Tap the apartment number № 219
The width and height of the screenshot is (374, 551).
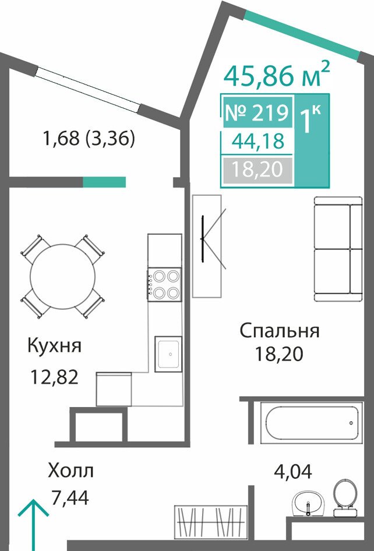click(x=256, y=113)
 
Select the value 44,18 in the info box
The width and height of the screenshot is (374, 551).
click(x=257, y=142)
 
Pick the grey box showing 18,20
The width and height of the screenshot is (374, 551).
click(x=257, y=170)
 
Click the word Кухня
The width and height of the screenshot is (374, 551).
click(x=55, y=346)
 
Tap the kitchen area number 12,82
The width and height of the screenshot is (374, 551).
click(x=54, y=377)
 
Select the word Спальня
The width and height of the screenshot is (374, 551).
click(x=280, y=331)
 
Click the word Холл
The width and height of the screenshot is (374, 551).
click(x=71, y=471)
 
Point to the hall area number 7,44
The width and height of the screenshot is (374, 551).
click(x=70, y=497)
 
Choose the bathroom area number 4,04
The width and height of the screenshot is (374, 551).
click(x=293, y=471)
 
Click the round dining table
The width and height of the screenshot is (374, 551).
click(x=62, y=277)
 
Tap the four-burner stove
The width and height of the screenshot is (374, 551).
click(x=164, y=285)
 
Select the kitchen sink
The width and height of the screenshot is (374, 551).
click(x=168, y=354)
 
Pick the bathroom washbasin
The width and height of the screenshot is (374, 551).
click(x=309, y=503)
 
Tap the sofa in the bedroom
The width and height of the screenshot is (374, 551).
click(x=338, y=249)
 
